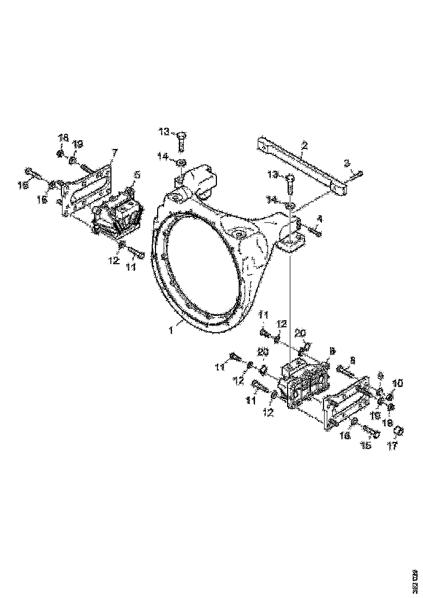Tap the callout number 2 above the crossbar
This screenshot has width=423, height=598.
point(305,145)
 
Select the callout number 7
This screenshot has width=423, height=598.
point(114,152)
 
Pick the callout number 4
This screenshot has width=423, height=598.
point(320,219)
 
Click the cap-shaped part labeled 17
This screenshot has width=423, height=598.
point(399,431)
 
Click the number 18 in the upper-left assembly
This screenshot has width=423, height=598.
point(64,138)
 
